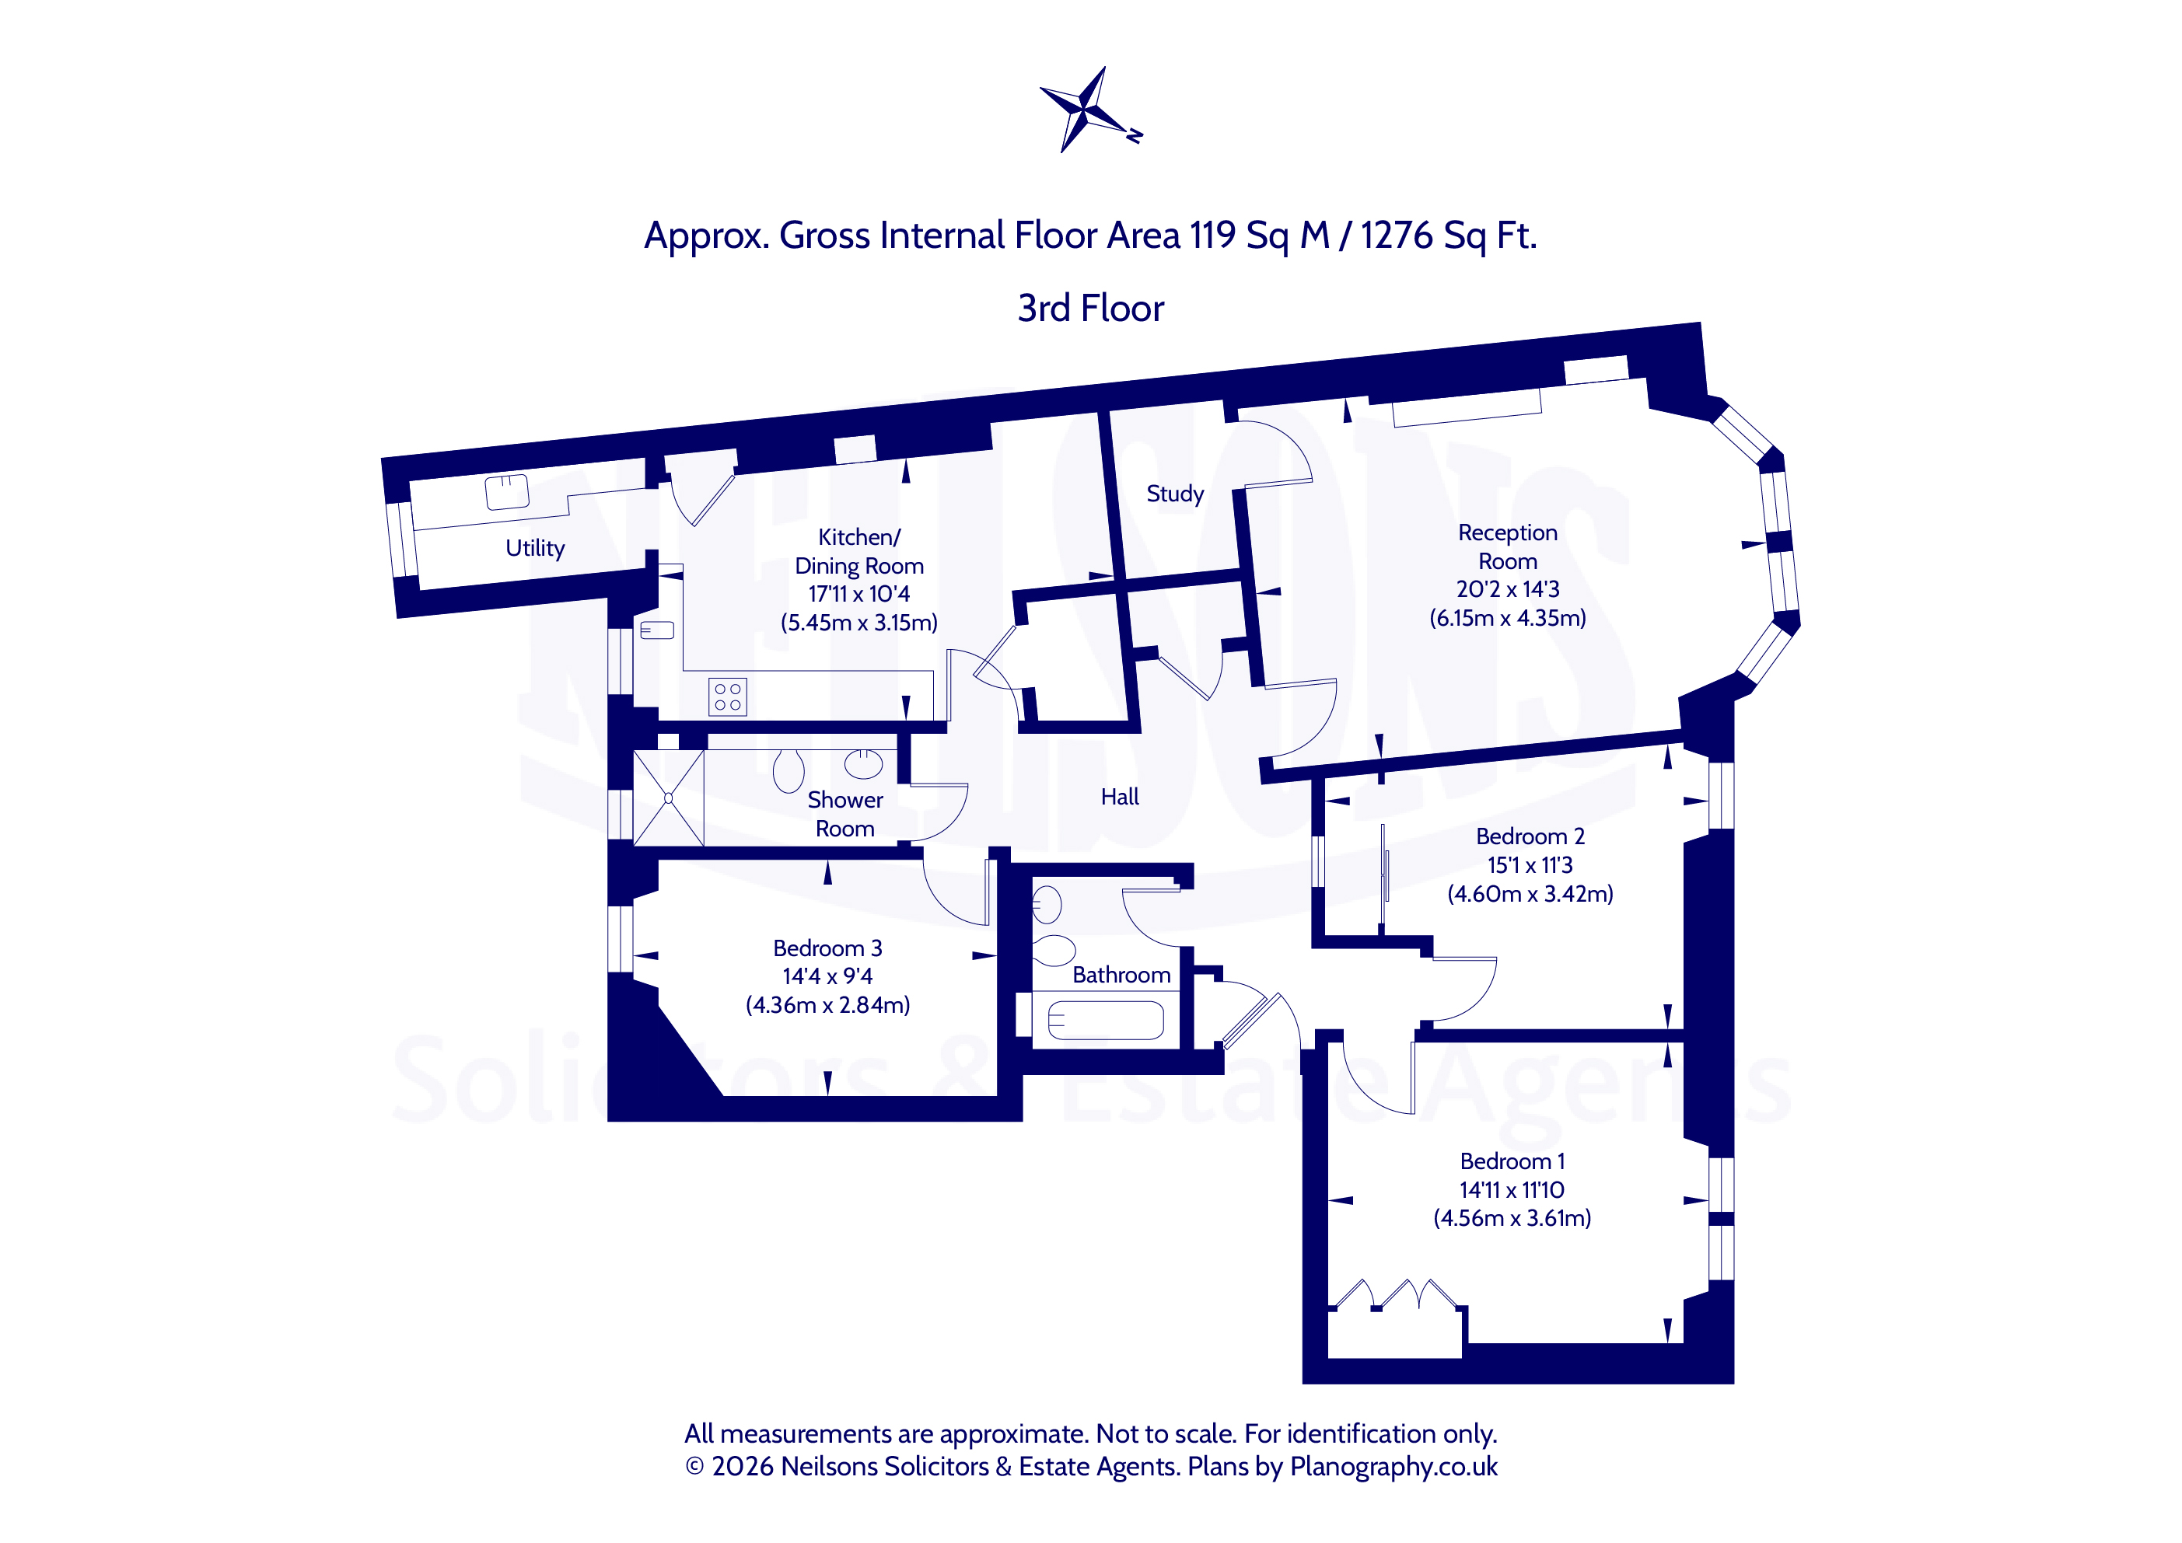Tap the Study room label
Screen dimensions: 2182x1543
tap(1175, 494)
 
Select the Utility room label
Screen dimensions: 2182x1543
tap(535, 548)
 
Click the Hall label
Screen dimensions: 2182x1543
tap(1120, 798)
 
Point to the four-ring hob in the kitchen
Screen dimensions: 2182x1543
tap(728, 696)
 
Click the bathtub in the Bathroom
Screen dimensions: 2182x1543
tap(1105, 1021)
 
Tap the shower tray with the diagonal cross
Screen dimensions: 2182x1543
tap(669, 798)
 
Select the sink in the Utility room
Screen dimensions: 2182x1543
tap(506, 492)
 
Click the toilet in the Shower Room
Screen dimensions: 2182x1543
tap(789, 770)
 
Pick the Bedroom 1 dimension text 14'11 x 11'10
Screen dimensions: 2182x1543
tap(1512, 1189)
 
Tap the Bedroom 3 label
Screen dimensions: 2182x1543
tap(827, 948)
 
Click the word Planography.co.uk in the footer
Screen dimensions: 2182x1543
tap(1393, 1467)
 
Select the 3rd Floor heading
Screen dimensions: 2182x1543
tap(1091, 309)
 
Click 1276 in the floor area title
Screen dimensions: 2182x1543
tap(1396, 236)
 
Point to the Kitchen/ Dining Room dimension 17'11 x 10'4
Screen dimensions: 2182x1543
tap(859, 595)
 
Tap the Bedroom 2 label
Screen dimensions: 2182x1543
tap(1530, 837)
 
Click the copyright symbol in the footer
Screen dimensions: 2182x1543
tap(694, 1467)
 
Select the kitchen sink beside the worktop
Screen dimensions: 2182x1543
tap(656, 630)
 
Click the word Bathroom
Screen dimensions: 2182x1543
tap(1121, 975)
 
